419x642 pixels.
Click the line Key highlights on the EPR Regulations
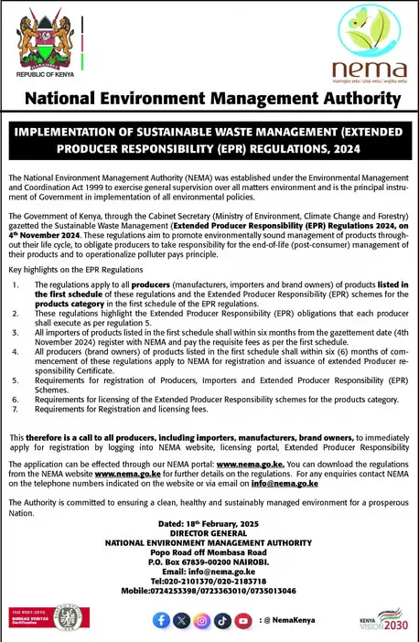(64, 272)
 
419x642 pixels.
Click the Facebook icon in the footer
(162, 621)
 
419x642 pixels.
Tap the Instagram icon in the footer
(202, 621)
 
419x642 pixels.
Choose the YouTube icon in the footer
(242, 621)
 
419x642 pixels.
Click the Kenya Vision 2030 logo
(382, 621)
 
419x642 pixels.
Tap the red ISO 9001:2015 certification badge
(26, 619)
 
